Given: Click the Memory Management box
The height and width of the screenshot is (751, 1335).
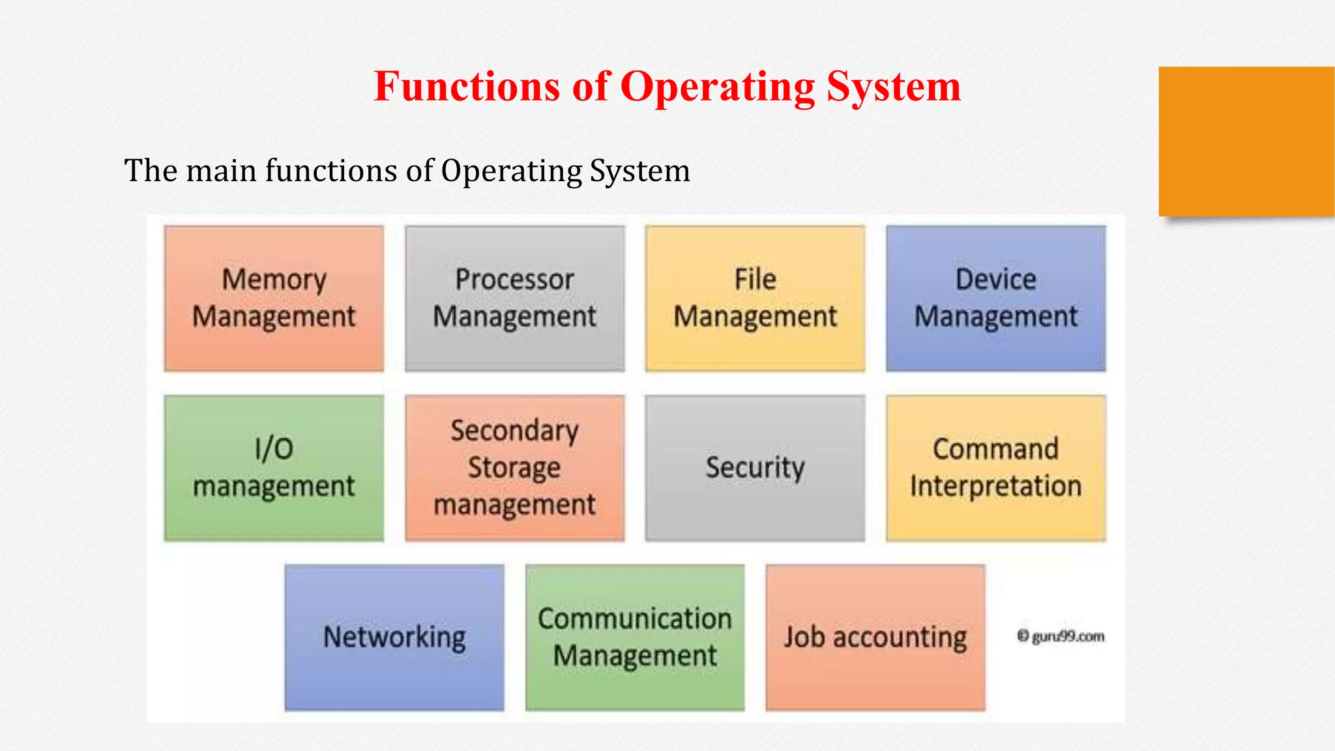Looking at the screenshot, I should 274,299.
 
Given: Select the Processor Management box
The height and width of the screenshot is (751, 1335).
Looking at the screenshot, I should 514,299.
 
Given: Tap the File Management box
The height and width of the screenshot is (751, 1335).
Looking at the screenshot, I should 755,299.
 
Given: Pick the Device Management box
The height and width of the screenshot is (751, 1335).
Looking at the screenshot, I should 995,299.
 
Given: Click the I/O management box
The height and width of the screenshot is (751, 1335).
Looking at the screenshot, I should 274,468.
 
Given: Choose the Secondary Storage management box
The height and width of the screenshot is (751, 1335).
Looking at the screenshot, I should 514,468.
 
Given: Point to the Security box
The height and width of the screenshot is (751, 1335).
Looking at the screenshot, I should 755,468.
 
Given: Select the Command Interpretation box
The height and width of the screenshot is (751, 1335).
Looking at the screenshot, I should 995,468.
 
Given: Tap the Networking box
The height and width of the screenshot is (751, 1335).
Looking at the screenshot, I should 394,638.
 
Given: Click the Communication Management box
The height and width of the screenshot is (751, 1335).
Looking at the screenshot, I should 635,638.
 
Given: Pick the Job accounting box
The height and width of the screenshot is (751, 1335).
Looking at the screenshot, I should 875,638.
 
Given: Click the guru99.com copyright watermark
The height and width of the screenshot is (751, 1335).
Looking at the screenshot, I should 1061,636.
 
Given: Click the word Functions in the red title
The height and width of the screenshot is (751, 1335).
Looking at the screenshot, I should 467,86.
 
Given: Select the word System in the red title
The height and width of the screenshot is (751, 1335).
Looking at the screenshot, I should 894,86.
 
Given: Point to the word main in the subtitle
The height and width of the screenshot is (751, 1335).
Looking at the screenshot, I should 222,171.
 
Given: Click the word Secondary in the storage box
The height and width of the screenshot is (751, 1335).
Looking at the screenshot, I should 514,431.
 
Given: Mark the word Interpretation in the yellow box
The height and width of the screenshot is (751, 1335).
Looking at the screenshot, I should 995,486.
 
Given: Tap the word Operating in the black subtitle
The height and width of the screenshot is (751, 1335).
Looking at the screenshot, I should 511,171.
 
